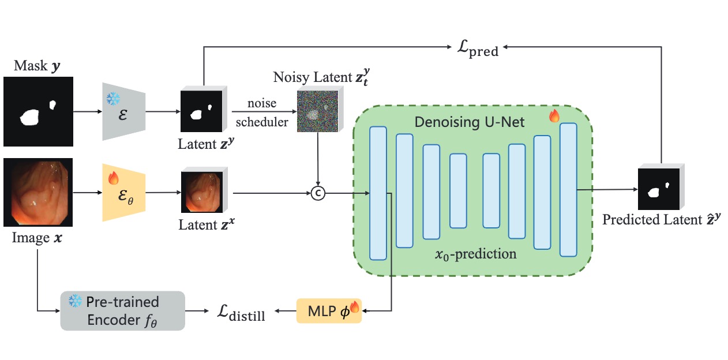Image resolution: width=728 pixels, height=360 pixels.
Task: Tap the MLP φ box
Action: coord(328,310)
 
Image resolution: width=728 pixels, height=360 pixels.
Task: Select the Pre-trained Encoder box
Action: coord(122,310)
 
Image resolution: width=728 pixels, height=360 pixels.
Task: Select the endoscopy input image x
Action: coord(38,193)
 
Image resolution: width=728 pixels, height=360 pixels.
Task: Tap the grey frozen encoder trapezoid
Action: coord(123,111)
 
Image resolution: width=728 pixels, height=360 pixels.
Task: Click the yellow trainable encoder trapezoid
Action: coord(123,192)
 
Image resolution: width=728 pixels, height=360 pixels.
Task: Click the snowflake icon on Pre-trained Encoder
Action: coord(75,301)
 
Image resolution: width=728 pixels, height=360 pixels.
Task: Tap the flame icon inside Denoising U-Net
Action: coord(554,116)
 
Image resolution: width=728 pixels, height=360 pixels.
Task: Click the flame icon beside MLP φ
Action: coord(354,307)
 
